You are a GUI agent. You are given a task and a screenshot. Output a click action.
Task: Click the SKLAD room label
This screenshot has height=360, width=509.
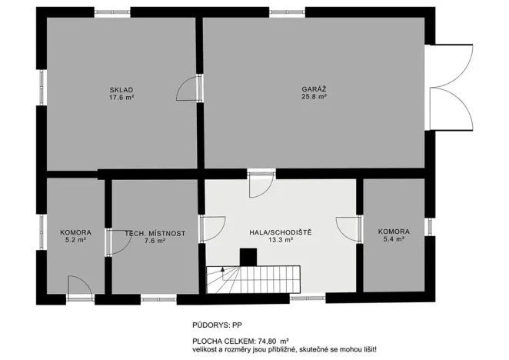[121, 90]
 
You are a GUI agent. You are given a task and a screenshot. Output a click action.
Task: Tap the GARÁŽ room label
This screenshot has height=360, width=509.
[314, 90]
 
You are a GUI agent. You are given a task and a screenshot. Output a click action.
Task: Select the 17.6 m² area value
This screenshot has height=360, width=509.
[121, 98]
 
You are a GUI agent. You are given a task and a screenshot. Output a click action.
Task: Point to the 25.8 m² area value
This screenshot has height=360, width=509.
[314, 98]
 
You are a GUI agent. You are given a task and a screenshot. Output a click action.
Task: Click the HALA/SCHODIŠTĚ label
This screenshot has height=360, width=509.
[280, 232]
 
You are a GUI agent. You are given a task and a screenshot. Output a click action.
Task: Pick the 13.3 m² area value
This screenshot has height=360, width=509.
[280, 240]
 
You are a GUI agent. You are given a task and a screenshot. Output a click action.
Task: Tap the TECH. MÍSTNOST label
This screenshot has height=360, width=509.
[155, 232]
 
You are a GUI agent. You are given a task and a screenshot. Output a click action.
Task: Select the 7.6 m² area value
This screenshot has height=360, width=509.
[155, 240]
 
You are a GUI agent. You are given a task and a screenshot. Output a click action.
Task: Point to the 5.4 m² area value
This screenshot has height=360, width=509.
[393, 240]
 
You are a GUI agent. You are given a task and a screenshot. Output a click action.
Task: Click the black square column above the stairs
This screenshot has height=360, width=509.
[248, 256]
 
